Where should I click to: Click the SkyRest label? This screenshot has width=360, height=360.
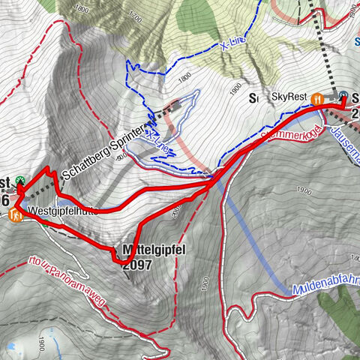point(289,97)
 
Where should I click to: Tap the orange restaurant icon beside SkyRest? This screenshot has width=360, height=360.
point(318,97)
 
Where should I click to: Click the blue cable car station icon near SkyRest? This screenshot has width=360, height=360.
point(343,96)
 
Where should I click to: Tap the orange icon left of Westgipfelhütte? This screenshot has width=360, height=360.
point(16,215)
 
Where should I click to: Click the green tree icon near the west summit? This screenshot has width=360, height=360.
point(20,180)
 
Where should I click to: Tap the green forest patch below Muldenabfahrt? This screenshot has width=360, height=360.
point(342,315)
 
